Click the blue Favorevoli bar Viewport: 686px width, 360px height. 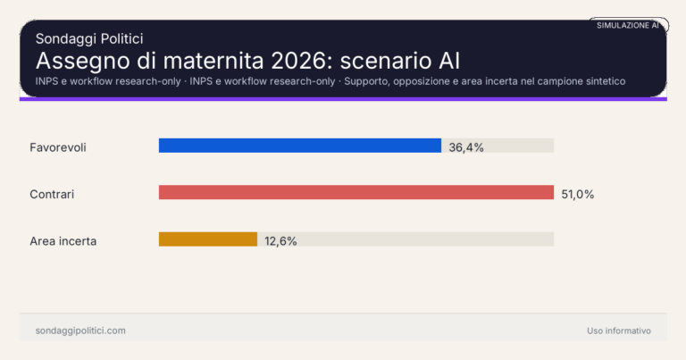[x=299, y=146]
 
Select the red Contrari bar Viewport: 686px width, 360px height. [x=356, y=192]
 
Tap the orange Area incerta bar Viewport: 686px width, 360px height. [x=207, y=239]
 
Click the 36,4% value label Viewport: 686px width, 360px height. [x=466, y=147]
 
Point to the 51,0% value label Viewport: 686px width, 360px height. [x=577, y=194]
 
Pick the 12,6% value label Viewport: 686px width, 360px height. [x=280, y=241]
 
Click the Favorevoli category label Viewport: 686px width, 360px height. [x=57, y=147]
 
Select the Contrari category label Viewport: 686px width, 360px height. [x=52, y=193]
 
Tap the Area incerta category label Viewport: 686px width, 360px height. [x=63, y=240]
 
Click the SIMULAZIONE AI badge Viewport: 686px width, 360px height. [x=627, y=25]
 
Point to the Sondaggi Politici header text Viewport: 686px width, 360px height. [x=89, y=38]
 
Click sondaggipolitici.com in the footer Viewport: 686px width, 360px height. [x=80, y=331]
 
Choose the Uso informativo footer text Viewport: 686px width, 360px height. [x=618, y=331]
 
